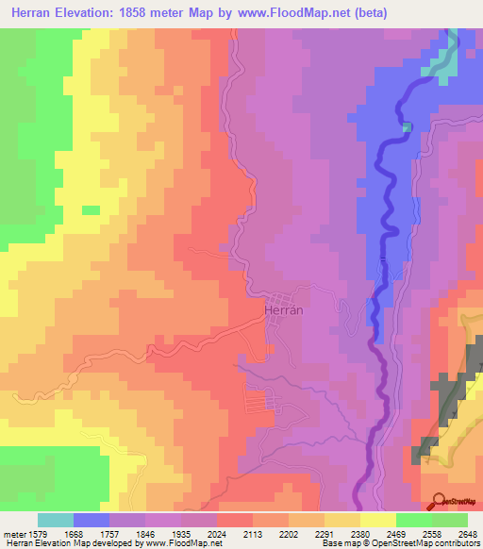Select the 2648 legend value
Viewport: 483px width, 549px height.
tap(465, 533)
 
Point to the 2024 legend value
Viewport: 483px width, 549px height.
tap(216, 533)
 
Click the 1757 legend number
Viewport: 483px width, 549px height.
tap(109, 533)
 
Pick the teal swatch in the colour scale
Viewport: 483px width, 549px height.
tap(56, 520)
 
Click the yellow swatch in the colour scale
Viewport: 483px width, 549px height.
tap(377, 520)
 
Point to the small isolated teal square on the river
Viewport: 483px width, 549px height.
tap(407, 126)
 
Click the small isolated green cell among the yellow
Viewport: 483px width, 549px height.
tap(91, 209)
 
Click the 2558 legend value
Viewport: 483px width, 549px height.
tap(430, 533)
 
